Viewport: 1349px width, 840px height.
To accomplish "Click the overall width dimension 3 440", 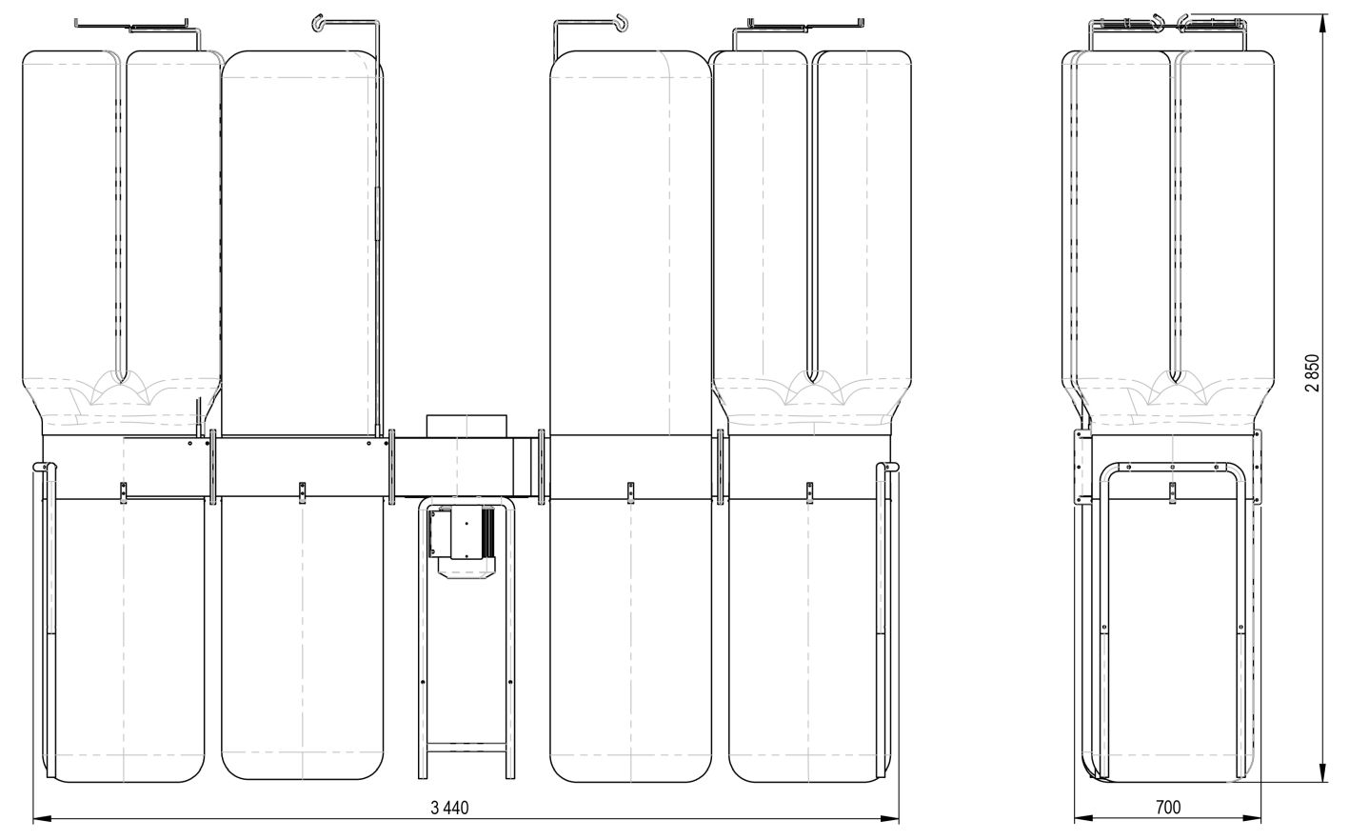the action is pos(449,808).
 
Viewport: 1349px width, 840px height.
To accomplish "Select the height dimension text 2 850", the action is pos(1312,373).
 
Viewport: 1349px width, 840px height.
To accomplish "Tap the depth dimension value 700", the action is pos(1168,807).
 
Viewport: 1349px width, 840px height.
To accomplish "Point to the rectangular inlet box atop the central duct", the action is pos(466,426).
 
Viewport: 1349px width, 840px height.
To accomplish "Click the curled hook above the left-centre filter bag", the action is pos(318,23).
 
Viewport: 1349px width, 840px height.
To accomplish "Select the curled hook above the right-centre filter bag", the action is pos(621,23).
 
